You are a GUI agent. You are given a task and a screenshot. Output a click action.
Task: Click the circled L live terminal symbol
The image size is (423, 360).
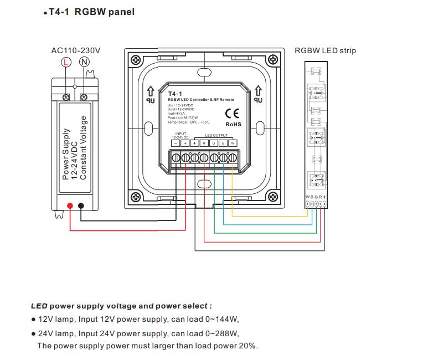pyautogui.click(x=66, y=62)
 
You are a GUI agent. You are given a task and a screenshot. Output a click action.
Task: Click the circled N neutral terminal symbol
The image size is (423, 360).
pyautogui.click(x=84, y=62)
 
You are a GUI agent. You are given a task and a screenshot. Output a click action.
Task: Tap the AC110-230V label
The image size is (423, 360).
pyautogui.click(x=76, y=50)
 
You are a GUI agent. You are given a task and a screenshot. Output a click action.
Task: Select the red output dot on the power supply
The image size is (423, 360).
pyautogui.click(x=70, y=207)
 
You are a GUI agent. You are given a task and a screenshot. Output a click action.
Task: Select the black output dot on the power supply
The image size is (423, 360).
pyautogui.click(x=81, y=207)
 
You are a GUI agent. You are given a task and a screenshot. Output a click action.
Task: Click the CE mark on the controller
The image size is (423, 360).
pyautogui.click(x=232, y=114)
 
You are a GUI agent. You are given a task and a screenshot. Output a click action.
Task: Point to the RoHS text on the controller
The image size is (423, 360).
pyautogui.click(x=233, y=125)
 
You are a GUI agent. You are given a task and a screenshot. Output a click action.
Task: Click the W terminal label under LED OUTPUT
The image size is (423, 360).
pyautogui.click(x=233, y=143)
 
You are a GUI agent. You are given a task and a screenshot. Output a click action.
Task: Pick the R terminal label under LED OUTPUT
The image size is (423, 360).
pyautogui.click(x=204, y=143)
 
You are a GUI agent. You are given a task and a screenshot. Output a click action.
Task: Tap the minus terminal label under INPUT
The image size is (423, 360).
pyautogui.click(x=176, y=143)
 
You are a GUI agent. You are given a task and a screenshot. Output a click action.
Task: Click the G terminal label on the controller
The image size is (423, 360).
pyautogui.click(x=214, y=143)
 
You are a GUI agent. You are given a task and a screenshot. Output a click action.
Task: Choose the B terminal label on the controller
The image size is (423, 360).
pyautogui.click(x=223, y=143)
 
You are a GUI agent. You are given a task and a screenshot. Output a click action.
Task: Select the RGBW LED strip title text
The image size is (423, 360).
pyautogui.click(x=325, y=50)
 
